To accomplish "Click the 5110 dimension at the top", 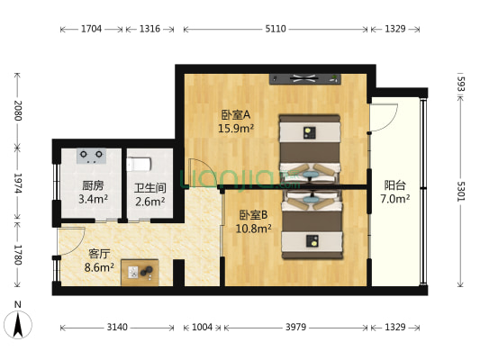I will [275, 30].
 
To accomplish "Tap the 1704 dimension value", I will [91, 30].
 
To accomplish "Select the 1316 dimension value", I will [149, 30].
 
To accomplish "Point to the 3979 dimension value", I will [295, 328].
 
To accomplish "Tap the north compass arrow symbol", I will [16, 321].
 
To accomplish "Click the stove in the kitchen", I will [91, 157].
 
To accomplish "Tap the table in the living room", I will [140, 270].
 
